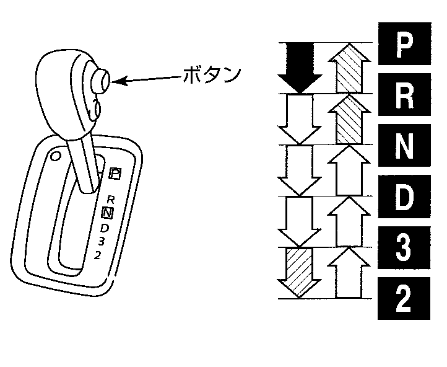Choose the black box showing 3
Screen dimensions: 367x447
404,247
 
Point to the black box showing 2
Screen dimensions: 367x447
404,298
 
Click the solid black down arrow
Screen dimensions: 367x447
300,67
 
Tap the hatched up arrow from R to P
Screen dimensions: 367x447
349,67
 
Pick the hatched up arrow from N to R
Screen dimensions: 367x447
349,118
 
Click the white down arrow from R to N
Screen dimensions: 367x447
300,118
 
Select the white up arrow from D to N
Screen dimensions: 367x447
349,221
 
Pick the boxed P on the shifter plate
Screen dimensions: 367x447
114,174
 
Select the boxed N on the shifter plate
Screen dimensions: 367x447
107,213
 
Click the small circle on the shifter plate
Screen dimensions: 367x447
56,156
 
